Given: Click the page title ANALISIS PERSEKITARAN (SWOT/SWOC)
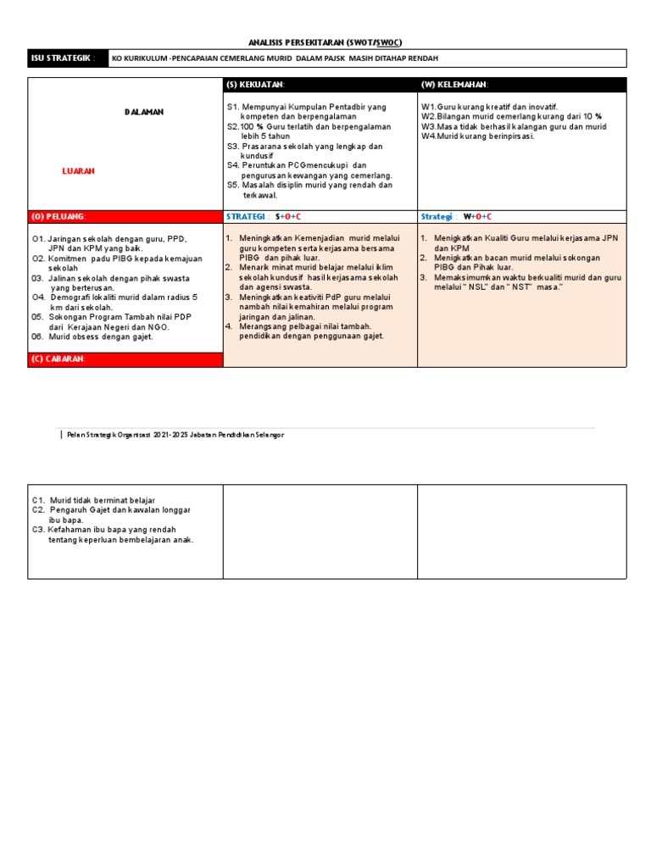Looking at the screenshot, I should coord(325,41).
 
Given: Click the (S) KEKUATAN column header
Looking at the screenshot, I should coord(256,85).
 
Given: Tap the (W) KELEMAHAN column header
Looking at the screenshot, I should coord(454,85).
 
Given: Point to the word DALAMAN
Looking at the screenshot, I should coord(144,112).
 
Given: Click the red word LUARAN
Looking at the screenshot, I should coord(79,170).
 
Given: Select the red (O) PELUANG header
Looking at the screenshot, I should coord(58,217).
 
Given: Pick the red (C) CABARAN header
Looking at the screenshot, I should coord(59,359).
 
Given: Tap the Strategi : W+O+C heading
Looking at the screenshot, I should coord(456,217).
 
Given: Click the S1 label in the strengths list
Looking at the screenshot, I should coord(233,107).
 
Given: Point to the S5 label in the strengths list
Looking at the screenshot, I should coord(233,185).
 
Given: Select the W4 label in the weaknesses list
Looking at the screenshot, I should coord(428,136).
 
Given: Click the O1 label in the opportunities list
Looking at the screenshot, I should coord(38,239).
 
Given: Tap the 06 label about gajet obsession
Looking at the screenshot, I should coord(38,337).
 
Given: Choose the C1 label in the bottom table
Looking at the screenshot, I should coord(38,500).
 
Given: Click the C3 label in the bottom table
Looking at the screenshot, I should coord(38,529).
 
